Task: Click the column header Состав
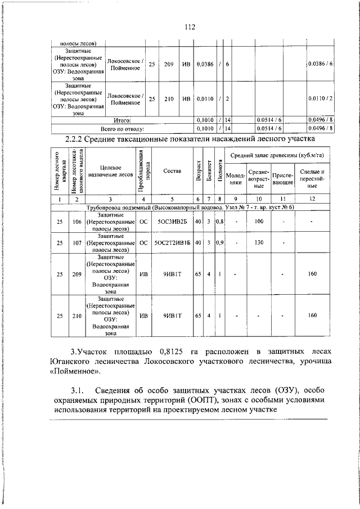pos(172,171)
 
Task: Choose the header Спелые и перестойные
pos(313,179)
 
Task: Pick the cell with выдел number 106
pos(75,222)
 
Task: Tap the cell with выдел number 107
pos(75,242)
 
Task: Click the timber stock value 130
pos(259,242)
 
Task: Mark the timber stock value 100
pos(259,222)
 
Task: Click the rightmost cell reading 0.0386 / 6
pos(321,65)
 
